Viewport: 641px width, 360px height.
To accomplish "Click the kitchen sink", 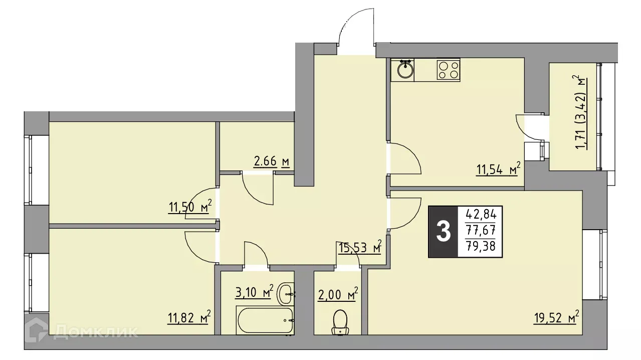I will click(x=405, y=70).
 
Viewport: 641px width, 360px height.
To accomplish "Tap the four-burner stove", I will click(x=448, y=70).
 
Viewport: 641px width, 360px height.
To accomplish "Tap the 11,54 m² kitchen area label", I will click(x=498, y=170).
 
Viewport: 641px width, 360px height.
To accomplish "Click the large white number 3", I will click(x=443, y=232).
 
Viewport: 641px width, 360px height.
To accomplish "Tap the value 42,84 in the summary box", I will click(x=481, y=215).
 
